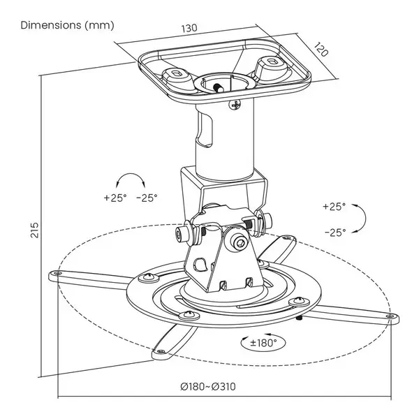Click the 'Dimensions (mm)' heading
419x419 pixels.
pos(67,25)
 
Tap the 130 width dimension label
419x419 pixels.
pos(189,28)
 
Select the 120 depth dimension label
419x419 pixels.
pos(321,50)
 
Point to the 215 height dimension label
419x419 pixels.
pos(35,230)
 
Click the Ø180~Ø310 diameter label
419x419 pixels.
pos(208,386)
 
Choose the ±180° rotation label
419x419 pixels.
pos(263,343)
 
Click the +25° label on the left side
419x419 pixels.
pos(115,198)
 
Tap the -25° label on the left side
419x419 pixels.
pos(147,198)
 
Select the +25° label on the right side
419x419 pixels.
pos(334,207)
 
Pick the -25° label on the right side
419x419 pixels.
pos(335,233)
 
